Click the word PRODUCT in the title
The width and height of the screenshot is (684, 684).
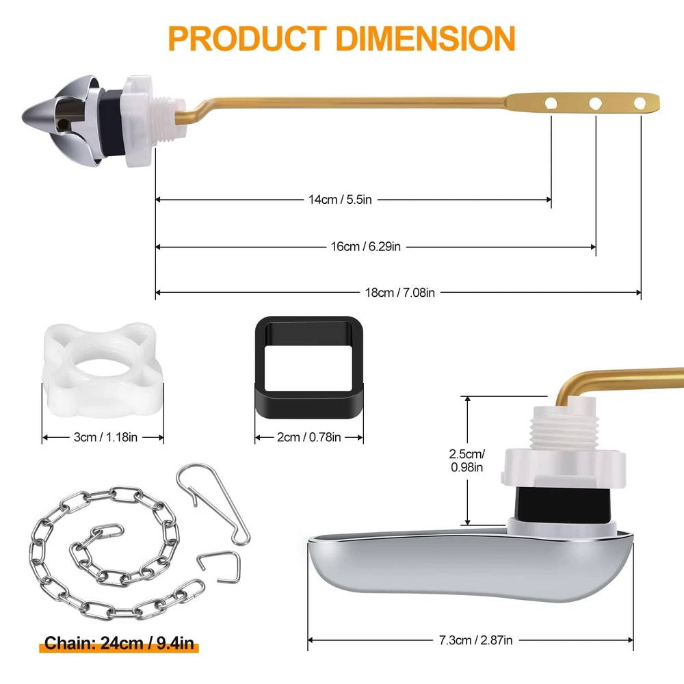(x=248, y=38)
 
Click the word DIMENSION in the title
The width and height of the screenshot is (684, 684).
(x=425, y=38)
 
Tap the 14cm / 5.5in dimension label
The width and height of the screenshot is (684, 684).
(x=340, y=199)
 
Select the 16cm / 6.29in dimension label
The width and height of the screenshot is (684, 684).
(x=365, y=246)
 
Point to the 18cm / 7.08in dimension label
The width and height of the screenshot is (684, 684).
(x=399, y=292)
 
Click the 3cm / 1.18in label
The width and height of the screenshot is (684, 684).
(x=105, y=437)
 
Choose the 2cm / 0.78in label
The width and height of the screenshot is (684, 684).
(x=309, y=437)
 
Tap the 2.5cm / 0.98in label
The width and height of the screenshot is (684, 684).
(x=466, y=460)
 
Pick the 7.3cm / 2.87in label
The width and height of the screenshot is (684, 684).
(x=475, y=640)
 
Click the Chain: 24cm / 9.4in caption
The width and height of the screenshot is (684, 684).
(x=119, y=643)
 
